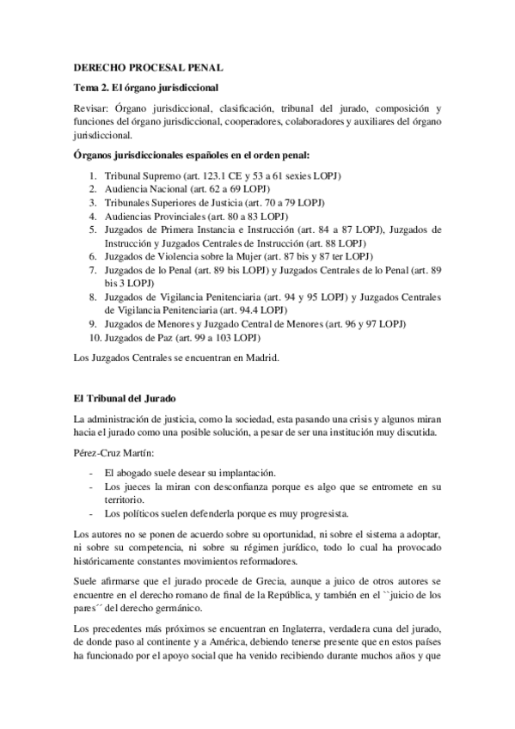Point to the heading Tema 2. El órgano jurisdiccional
[x=144, y=88]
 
